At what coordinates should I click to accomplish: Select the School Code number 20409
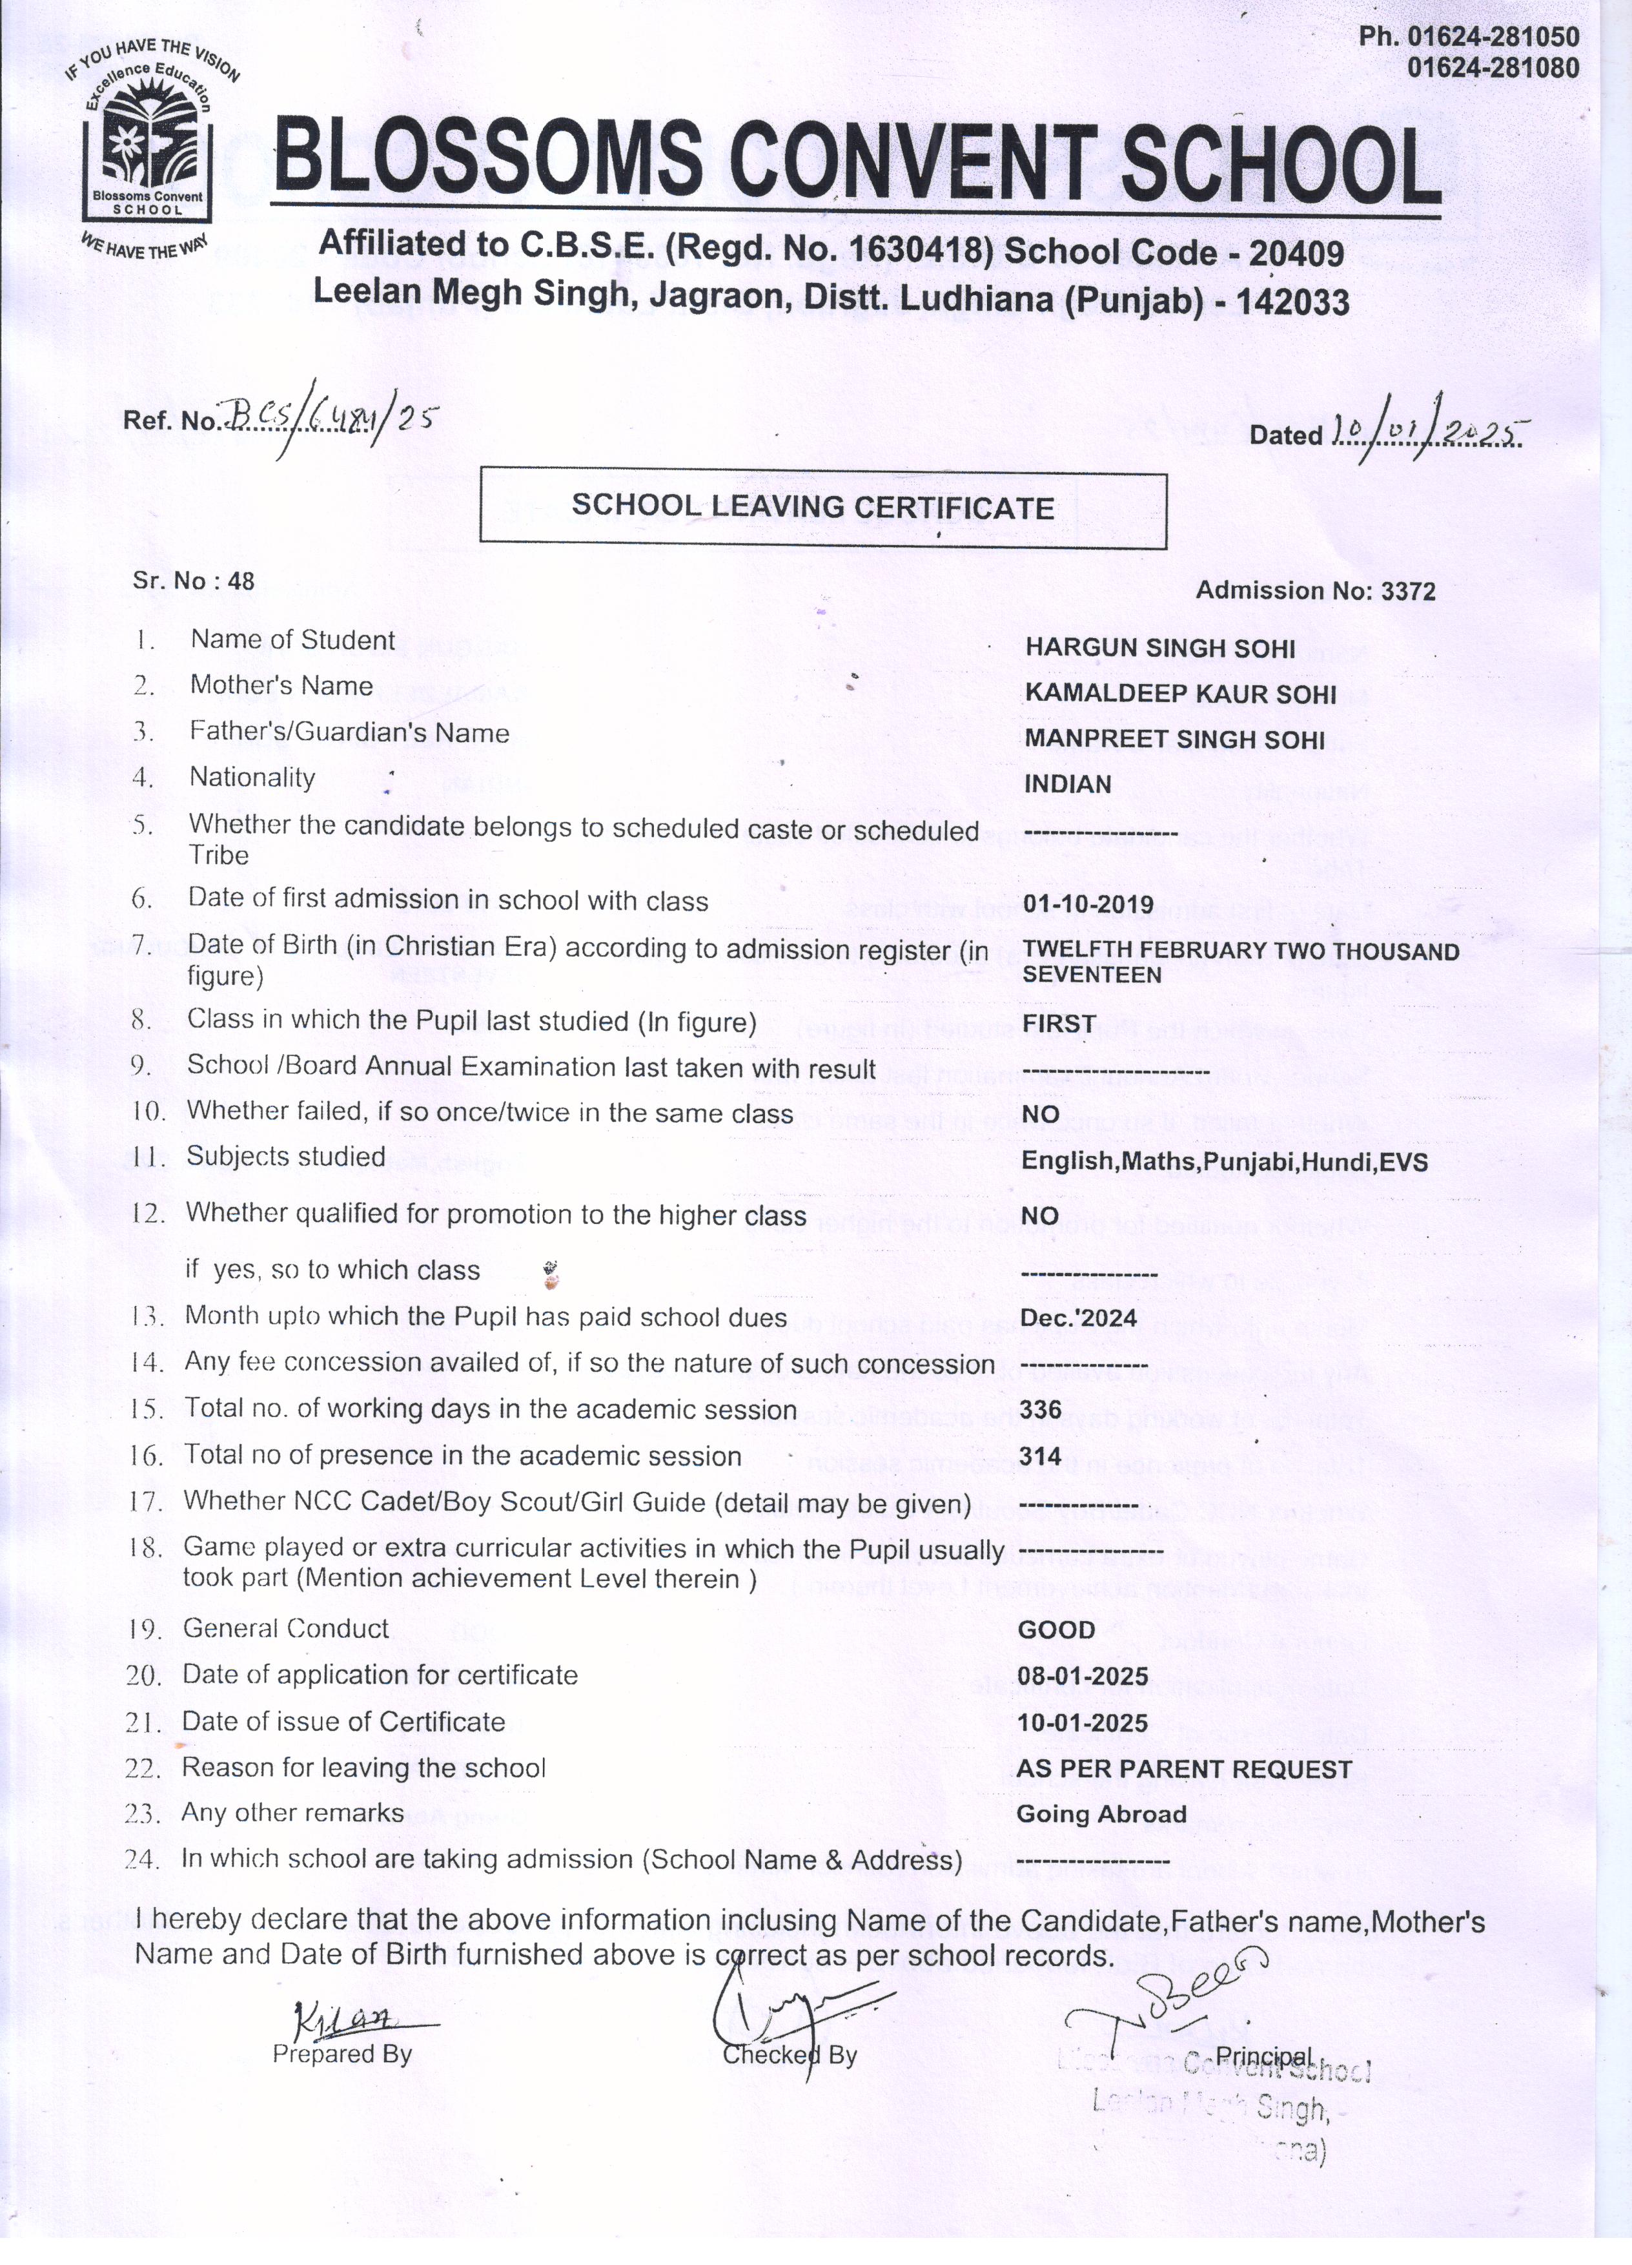[1296, 254]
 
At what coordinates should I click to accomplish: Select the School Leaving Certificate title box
[822, 510]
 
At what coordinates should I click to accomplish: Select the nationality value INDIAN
[1067, 785]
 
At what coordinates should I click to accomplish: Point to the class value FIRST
[1058, 1024]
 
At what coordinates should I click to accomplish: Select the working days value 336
[1040, 1410]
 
